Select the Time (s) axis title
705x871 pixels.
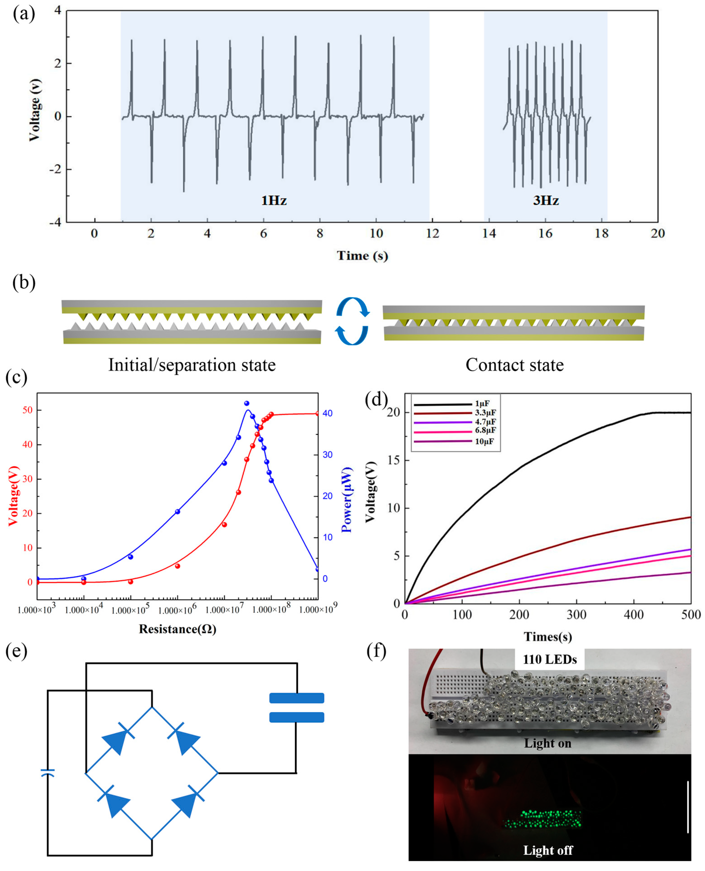(362, 255)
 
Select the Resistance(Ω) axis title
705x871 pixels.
(177, 629)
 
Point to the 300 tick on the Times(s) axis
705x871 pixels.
(576, 615)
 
